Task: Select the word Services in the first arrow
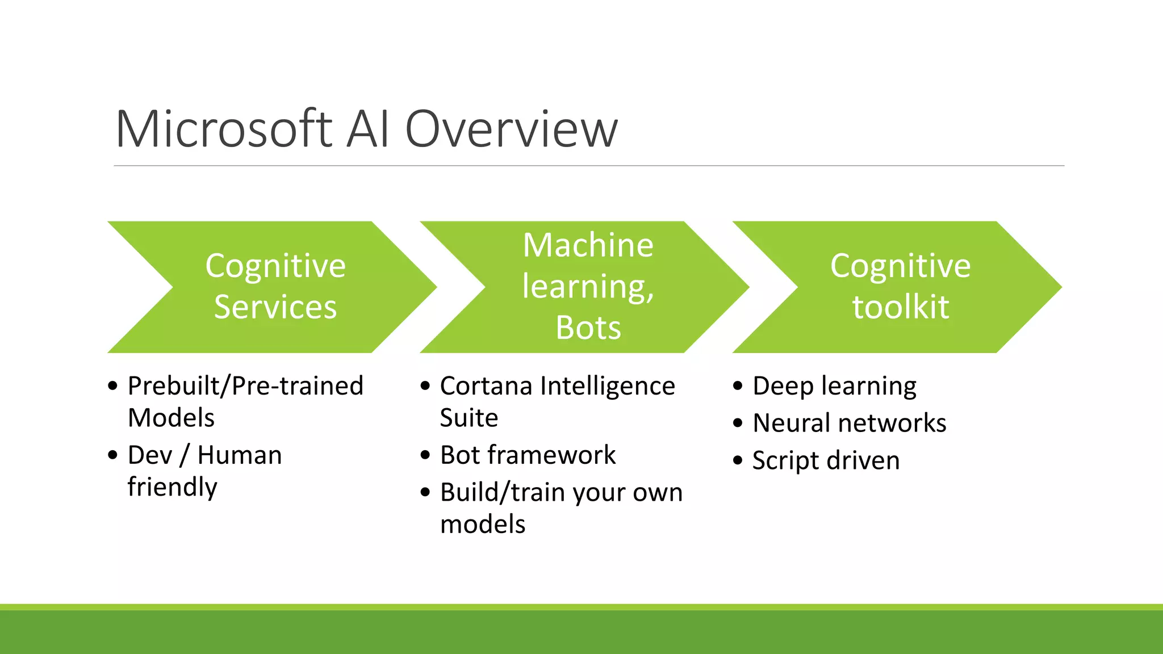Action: point(275,307)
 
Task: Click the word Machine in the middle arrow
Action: point(588,245)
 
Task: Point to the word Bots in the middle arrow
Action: point(588,328)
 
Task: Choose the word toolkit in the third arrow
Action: point(901,307)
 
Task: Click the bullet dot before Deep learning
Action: point(738,386)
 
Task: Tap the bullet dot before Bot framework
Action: point(425,455)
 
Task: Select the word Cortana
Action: point(486,386)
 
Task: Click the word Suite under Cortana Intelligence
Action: point(469,418)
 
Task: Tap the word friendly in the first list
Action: point(172,487)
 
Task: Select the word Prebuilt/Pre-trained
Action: point(245,386)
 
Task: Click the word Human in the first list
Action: point(240,455)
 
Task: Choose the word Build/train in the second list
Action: point(503,492)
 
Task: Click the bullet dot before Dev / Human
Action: point(112,455)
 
